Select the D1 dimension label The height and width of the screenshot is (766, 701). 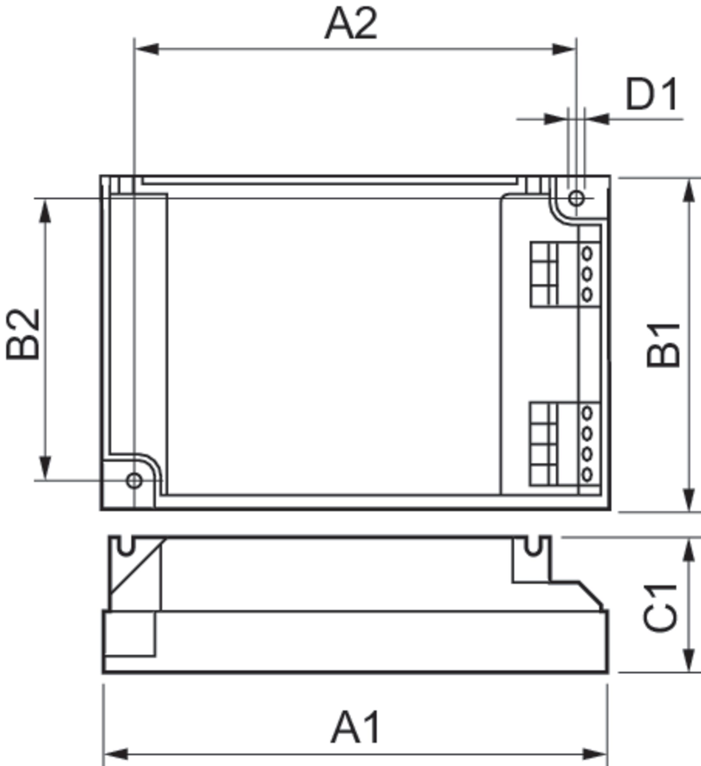[651, 94]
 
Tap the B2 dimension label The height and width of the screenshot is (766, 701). [23, 334]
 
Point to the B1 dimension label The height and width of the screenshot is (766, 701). [663, 345]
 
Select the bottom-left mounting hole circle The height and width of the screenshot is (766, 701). [134, 481]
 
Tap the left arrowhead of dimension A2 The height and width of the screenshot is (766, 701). [147, 49]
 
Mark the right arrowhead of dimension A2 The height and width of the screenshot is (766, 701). [564, 49]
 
